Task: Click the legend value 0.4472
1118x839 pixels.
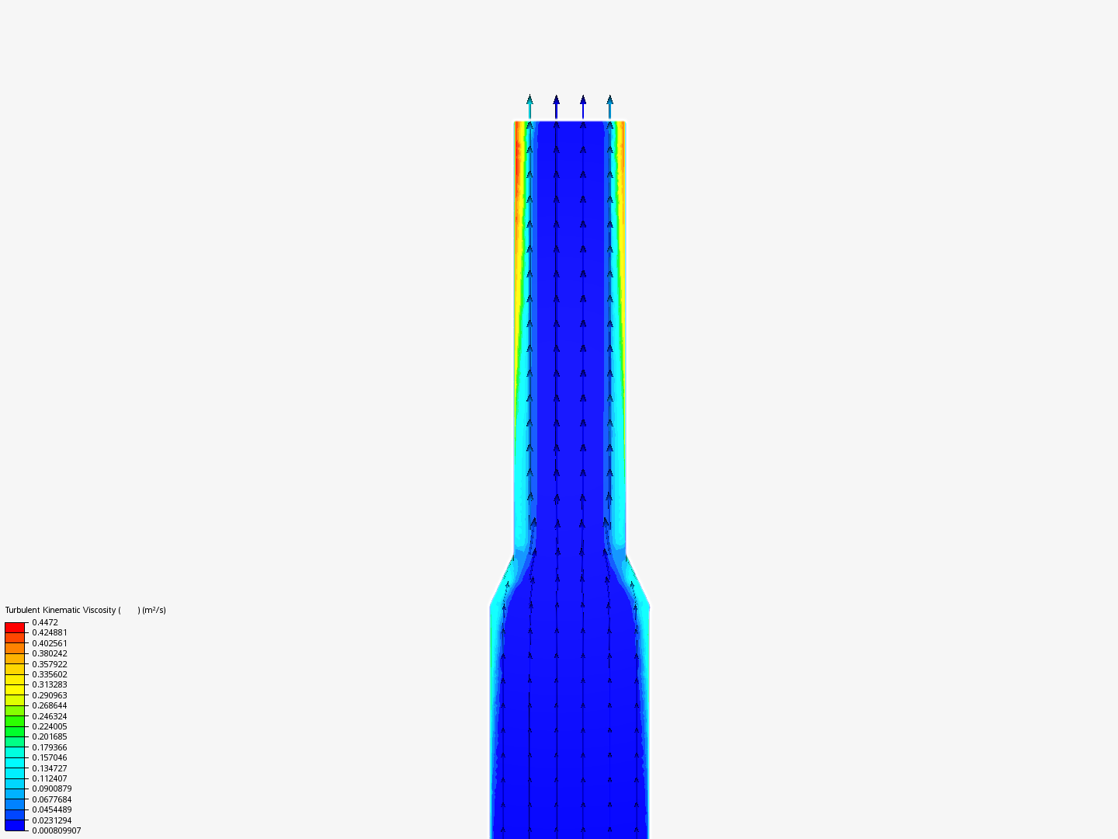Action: tap(45, 622)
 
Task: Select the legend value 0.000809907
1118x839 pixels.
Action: tap(57, 831)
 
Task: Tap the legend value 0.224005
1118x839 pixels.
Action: tap(50, 726)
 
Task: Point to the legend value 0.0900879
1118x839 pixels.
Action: tap(52, 789)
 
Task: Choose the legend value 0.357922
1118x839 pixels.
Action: tap(50, 664)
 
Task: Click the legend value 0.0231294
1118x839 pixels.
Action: tap(52, 820)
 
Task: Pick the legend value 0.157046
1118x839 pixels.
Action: tap(50, 757)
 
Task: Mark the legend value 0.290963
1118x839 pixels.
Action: tap(50, 695)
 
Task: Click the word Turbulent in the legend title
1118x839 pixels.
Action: tap(23, 610)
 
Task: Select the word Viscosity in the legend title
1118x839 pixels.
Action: tap(99, 611)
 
